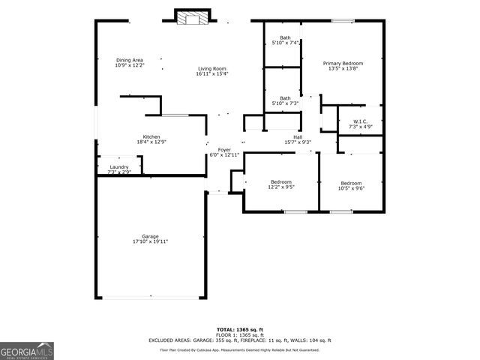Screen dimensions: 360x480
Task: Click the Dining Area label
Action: [x=129, y=60]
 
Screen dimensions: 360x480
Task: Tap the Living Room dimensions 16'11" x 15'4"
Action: [x=211, y=73]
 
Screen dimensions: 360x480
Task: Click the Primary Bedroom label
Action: [x=343, y=63]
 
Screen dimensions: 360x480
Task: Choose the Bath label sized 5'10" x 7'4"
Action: [x=285, y=37]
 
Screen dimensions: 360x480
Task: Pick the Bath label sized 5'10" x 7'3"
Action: [x=285, y=97]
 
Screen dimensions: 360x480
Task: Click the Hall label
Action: [x=298, y=136]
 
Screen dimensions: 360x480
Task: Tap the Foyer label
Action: [x=223, y=149]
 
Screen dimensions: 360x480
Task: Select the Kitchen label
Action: [x=151, y=136]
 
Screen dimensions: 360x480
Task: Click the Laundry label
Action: [x=119, y=166]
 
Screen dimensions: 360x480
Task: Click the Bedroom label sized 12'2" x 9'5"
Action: [x=281, y=182]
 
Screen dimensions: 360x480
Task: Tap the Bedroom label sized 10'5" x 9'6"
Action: [x=351, y=183]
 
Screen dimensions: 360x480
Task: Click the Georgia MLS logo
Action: [x=27, y=349]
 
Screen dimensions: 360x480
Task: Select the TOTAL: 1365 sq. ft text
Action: [x=239, y=329]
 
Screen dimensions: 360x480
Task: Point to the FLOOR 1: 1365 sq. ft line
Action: [x=239, y=334]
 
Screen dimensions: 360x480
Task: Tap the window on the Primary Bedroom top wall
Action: [x=343, y=21]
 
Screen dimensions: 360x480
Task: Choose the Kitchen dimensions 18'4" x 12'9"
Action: [x=151, y=142]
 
